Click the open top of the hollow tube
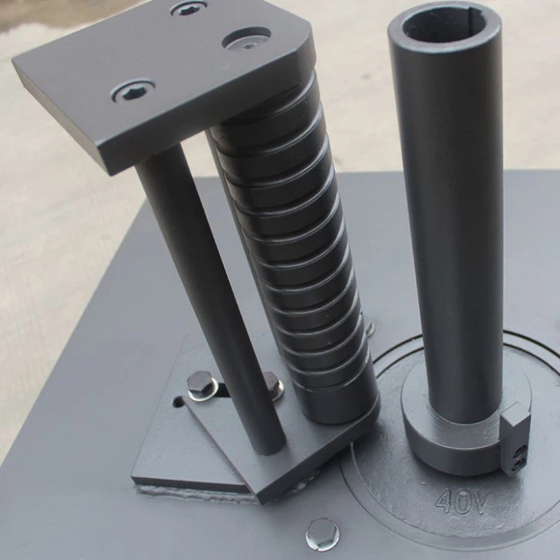point(445,24)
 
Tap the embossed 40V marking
point(463,502)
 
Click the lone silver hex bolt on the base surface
point(322,532)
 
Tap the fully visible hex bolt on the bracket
point(201,384)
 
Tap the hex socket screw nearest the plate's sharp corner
point(133,91)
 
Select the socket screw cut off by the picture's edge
point(188,8)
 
